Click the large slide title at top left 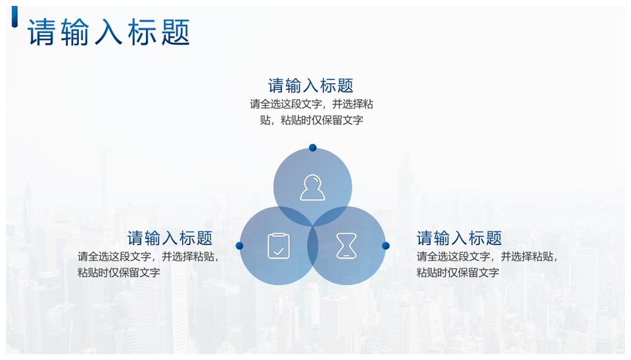coord(108,32)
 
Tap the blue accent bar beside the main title coord(14,17)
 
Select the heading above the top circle coord(311,85)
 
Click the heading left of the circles coord(170,238)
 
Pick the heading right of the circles coord(459,238)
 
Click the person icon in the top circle coord(313,187)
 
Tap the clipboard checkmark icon coord(279,245)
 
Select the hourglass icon coord(346,246)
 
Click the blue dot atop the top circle coord(313,148)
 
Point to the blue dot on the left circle coord(239,245)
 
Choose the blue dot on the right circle coord(386,245)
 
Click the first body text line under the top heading coord(312,104)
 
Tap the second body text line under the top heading coord(312,120)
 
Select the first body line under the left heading coord(149,257)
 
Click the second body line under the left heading coord(119,273)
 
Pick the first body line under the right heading coord(487,257)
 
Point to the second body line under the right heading coord(457,273)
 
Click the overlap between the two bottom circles coord(313,246)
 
